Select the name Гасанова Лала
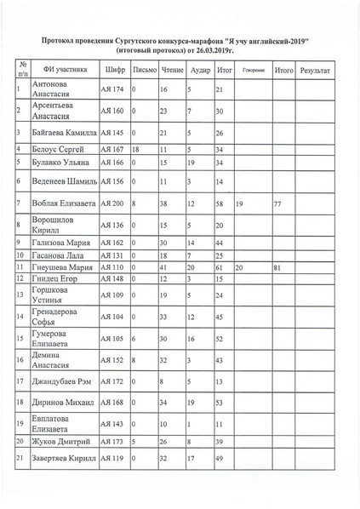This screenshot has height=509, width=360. [58, 254]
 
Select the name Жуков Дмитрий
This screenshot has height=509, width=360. [58, 443]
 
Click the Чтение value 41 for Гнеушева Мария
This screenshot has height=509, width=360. [164, 267]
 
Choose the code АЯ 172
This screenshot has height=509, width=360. [112, 380]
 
